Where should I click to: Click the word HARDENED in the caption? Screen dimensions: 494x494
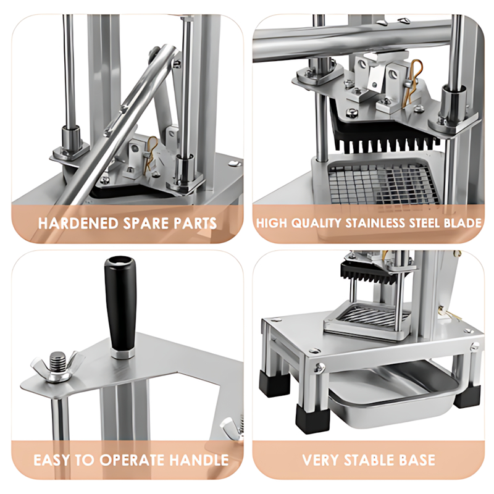tap(78, 223)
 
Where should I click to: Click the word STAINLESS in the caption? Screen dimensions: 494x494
tap(375, 223)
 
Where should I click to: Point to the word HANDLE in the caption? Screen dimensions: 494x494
tap(199, 460)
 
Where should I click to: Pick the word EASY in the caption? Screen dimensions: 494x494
tap(52, 460)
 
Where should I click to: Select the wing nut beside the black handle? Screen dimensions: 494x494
tap(57, 366)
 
